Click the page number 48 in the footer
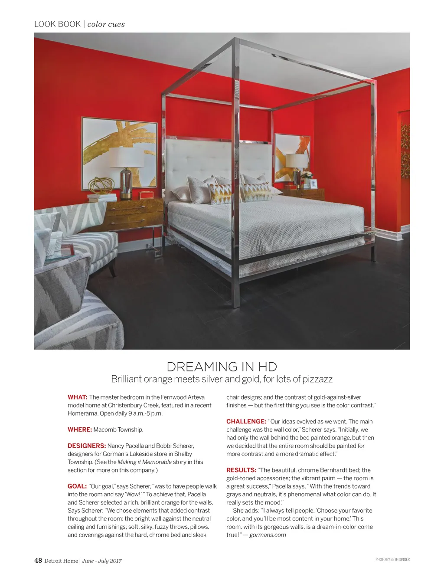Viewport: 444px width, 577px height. click(x=38, y=560)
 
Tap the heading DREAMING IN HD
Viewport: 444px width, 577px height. click(x=222, y=367)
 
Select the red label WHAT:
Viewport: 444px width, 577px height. click(x=78, y=397)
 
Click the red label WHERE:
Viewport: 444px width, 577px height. click(x=80, y=429)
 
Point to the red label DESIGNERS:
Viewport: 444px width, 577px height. click(x=87, y=446)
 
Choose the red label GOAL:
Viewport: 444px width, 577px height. click(x=77, y=486)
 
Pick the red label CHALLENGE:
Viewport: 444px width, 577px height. click(x=246, y=421)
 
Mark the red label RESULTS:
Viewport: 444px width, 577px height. click(x=242, y=470)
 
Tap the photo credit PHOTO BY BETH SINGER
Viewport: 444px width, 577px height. click(x=392, y=560)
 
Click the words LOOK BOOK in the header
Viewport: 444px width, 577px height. click(x=57, y=24)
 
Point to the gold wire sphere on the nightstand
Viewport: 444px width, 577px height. click(x=101, y=185)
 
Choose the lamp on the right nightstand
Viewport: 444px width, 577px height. click(x=297, y=167)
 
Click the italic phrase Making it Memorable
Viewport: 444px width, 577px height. click(x=144, y=462)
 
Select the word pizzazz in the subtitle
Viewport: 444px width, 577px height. click(x=317, y=379)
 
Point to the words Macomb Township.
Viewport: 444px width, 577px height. click(x=118, y=429)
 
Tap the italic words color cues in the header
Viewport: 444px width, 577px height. click(x=106, y=24)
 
